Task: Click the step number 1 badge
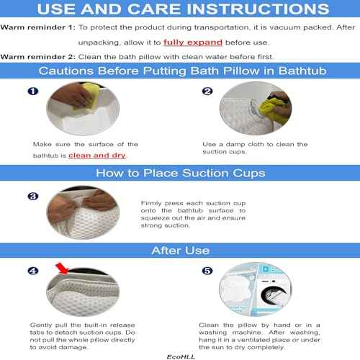click(33, 93)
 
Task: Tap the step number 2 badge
click(207, 93)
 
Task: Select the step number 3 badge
click(32, 195)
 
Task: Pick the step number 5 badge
click(207, 272)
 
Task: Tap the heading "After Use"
click(180, 251)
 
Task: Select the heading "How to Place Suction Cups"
click(180, 173)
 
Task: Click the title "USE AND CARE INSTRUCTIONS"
click(180, 10)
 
